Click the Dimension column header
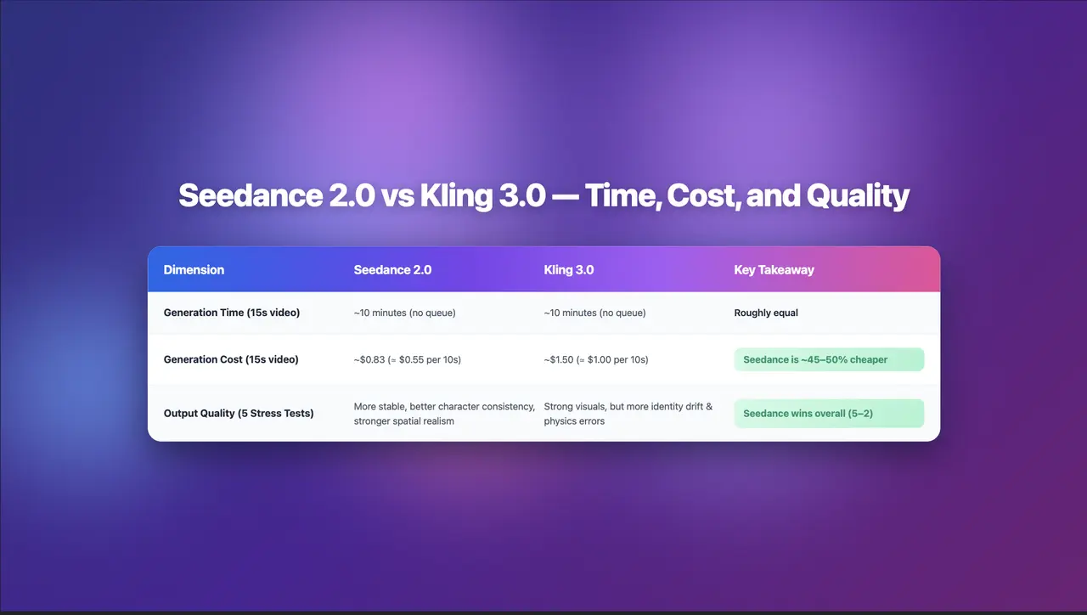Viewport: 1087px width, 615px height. point(194,270)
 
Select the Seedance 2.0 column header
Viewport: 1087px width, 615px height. point(392,270)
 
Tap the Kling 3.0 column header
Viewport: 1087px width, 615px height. point(568,270)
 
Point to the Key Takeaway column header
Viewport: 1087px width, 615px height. point(774,270)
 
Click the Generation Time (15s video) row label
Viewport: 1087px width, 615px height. point(231,313)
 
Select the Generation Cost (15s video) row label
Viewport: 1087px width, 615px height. point(231,359)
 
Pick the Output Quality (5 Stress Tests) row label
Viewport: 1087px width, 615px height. point(238,414)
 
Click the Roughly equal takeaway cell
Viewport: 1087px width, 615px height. point(766,313)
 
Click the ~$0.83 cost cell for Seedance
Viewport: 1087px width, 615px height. point(407,359)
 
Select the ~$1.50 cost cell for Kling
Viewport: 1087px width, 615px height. point(595,359)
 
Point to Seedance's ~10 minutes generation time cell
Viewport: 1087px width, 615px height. point(404,313)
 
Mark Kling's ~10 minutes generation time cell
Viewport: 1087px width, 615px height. point(594,313)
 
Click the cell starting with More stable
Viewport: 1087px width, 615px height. point(444,414)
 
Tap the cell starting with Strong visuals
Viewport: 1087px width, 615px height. point(628,414)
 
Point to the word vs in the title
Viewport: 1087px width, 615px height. point(397,196)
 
